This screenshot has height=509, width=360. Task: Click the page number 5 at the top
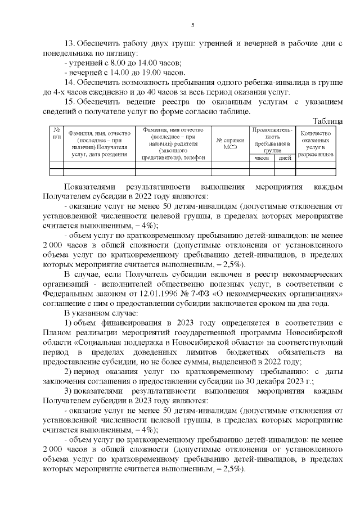192,25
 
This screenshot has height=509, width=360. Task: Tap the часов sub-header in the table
262,158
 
